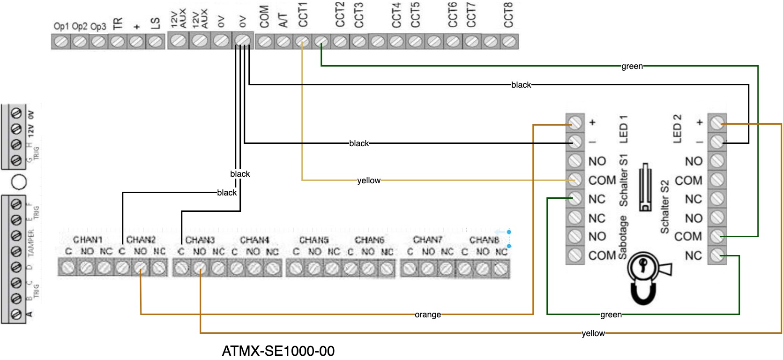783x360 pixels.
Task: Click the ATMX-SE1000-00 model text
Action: [x=278, y=351]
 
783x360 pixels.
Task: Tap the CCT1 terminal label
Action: [x=303, y=15]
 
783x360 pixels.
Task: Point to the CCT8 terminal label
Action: [x=508, y=15]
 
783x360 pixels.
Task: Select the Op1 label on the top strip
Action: [x=61, y=26]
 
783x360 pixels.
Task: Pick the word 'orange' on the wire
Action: [x=427, y=315]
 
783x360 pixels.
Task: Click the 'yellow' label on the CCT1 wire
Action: [x=369, y=180]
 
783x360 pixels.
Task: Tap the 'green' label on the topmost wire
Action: [x=632, y=66]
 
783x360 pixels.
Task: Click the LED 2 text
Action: [x=677, y=128]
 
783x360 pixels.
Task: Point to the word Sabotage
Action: [x=623, y=237]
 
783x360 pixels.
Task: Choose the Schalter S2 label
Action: [x=665, y=207]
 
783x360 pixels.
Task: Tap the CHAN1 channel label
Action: [x=88, y=240]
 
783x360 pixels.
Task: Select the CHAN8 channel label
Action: [x=484, y=240]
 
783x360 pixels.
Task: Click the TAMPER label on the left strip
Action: [x=31, y=242]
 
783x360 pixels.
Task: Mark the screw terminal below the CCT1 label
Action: [x=303, y=42]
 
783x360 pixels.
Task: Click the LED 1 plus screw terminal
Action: [x=575, y=123]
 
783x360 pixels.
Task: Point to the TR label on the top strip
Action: [x=117, y=23]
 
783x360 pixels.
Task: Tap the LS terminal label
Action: [x=155, y=23]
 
